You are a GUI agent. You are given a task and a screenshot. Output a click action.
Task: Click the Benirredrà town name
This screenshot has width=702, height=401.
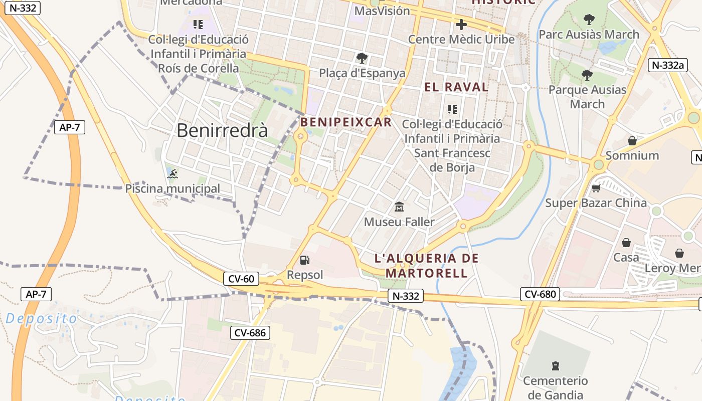click(222, 130)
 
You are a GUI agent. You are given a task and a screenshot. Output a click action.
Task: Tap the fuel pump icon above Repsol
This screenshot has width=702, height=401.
click(304, 260)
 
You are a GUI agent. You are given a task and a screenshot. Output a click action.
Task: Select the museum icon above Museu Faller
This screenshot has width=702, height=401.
click(399, 207)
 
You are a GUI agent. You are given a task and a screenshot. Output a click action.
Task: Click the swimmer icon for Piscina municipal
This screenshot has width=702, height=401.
click(172, 174)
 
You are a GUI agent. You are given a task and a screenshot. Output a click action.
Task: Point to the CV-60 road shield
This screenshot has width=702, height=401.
click(241, 279)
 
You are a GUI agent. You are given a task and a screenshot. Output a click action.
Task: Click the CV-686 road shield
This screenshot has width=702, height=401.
click(250, 332)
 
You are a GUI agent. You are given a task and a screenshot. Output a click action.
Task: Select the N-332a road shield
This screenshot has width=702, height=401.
click(667, 65)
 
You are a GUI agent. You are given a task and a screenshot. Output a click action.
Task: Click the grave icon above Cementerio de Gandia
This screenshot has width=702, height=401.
click(555, 366)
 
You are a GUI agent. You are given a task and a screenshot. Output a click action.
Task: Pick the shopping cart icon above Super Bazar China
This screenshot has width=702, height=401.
click(596, 188)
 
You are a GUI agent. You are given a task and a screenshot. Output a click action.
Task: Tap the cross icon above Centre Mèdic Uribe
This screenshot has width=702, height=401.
click(461, 24)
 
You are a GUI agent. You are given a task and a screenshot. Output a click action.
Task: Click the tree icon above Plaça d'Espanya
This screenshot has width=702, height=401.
click(362, 58)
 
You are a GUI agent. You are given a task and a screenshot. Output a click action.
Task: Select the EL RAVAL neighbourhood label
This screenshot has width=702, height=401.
click(456, 87)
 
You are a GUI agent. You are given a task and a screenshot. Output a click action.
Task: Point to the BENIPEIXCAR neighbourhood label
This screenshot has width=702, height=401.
click(345, 122)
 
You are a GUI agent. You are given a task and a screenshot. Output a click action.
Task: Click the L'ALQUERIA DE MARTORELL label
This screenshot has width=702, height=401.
click(427, 266)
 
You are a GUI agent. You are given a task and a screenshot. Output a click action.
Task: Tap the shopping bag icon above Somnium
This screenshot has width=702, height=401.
click(632, 141)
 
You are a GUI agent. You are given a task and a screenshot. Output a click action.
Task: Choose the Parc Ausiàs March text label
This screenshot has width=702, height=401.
click(589, 35)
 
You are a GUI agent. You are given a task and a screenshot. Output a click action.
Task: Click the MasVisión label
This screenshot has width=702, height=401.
click(382, 11)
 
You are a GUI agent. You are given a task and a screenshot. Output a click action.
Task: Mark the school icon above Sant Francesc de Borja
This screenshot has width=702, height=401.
click(452, 109)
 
